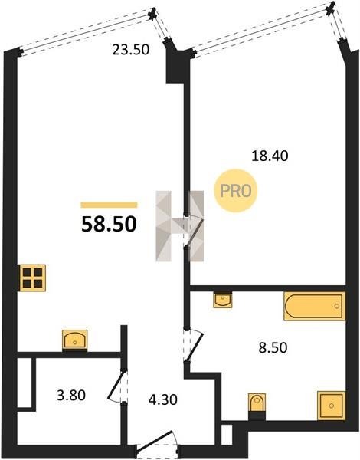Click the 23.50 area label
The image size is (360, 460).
[131, 50]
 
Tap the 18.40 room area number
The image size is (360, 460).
[270, 156]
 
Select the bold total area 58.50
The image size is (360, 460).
[109, 224]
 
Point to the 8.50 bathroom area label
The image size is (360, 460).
[273, 347]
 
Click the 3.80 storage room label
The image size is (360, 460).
[71, 395]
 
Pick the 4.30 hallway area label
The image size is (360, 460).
[162, 399]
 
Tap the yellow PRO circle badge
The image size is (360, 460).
[236, 191]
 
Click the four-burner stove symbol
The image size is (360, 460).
[33, 278]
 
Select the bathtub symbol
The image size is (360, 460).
[314, 306]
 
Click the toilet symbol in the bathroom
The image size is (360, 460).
[257, 402]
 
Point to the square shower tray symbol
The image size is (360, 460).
[331, 406]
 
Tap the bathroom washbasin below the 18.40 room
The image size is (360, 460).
[223, 300]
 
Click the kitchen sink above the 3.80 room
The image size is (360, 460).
[75, 340]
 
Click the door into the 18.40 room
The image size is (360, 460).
[194, 232]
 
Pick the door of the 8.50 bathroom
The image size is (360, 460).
[194, 345]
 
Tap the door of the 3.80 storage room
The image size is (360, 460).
[118, 386]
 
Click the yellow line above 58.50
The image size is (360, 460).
[109, 205]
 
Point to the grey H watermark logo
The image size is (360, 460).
[180, 226]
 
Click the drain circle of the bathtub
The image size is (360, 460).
[337, 306]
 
